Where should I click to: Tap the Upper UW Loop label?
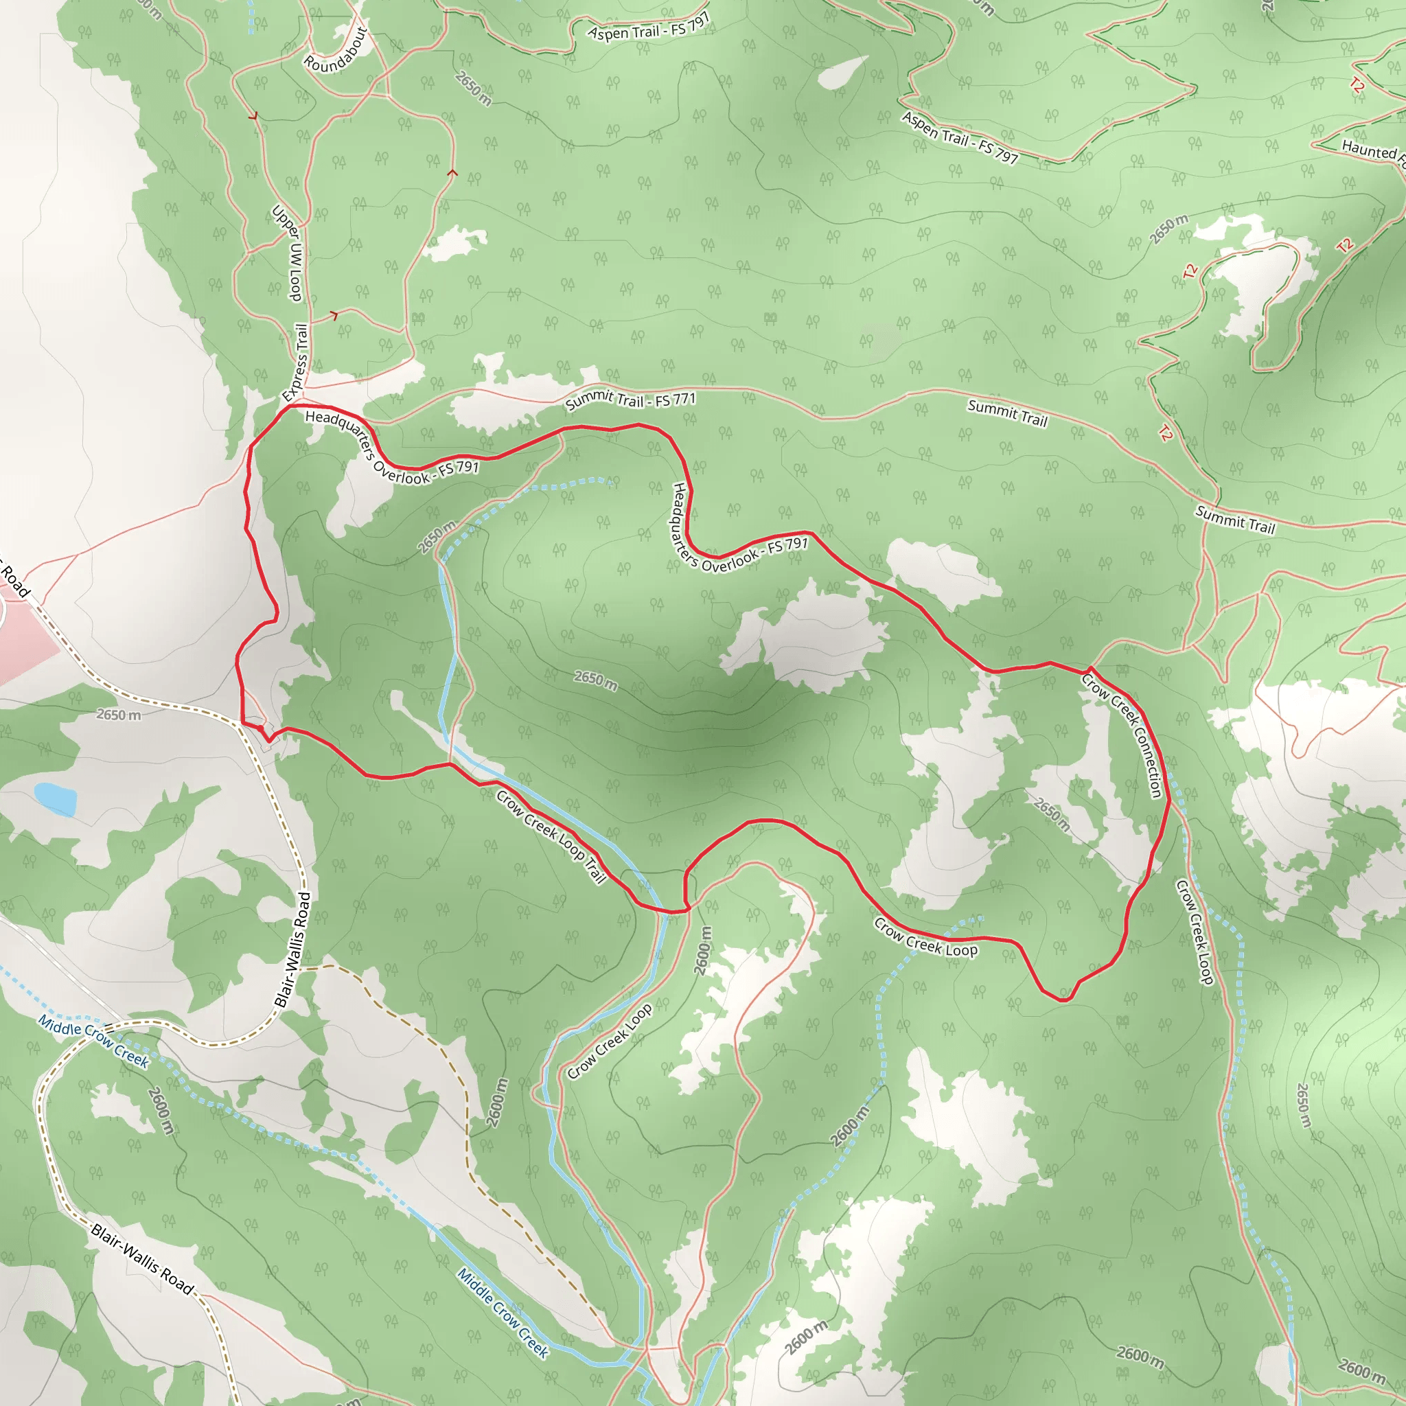pos(287,253)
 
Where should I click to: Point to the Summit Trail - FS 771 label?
pos(630,400)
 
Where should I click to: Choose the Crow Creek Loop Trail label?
pos(551,837)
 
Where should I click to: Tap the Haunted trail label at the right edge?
pos(1372,150)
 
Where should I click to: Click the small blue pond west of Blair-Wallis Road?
pos(56,798)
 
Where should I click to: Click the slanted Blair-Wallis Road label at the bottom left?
pos(143,1259)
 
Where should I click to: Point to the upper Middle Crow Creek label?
pos(93,1042)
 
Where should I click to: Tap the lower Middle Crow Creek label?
pos(502,1313)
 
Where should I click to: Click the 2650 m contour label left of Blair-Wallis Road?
pos(119,715)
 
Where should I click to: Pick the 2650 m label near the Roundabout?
pos(473,88)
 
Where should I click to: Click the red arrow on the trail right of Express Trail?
pos(334,315)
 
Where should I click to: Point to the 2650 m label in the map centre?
pos(595,680)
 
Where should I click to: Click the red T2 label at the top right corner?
pos(1357,84)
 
